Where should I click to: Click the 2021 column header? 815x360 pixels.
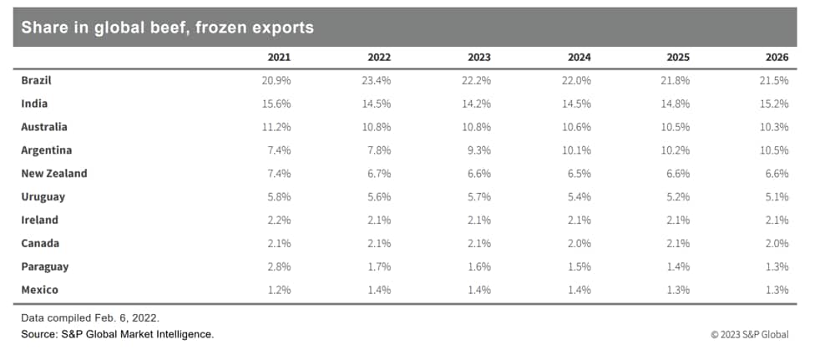point(279,58)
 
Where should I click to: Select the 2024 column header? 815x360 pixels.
point(579,58)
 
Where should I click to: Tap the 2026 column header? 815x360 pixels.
point(777,58)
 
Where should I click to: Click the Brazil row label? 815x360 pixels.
point(37,80)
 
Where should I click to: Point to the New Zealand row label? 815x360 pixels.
point(54,174)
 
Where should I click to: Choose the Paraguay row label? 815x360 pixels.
point(45,266)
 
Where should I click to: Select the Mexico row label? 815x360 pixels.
point(40,290)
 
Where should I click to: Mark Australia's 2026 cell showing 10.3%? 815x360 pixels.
point(777,127)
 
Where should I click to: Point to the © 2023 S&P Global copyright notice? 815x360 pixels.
point(749,335)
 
